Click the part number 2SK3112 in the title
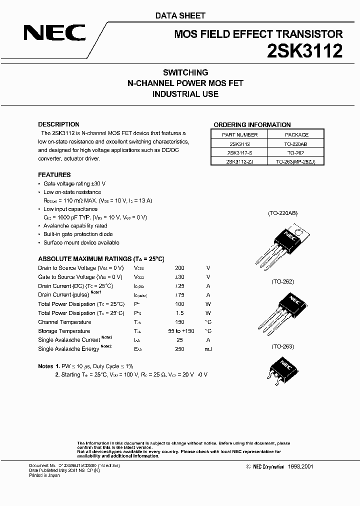[x=306, y=51]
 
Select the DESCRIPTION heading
[x=59, y=124]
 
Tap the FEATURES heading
[x=54, y=175]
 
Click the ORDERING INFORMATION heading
[x=252, y=125]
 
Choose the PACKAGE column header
[x=296, y=134]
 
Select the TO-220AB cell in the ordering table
[x=296, y=143]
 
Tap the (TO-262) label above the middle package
[x=283, y=281]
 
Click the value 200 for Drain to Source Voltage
[x=179, y=268]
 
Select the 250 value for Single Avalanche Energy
[x=179, y=349]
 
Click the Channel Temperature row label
[x=64, y=322]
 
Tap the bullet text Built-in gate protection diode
[x=78, y=234]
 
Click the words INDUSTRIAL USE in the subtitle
[x=185, y=94]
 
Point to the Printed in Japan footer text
[x=44, y=475]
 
